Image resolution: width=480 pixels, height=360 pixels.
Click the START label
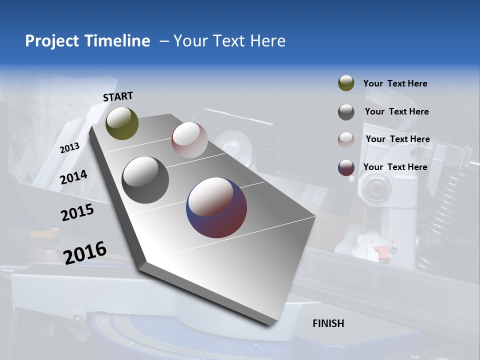pyautogui.click(x=118, y=96)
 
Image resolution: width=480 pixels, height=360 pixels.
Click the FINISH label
pyautogui.click(x=328, y=323)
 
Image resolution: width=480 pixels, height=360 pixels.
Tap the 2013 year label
pyautogui.click(x=69, y=148)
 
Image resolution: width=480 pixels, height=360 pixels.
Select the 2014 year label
pyautogui.click(x=73, y=177)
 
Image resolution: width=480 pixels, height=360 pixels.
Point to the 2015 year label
pyautogui.click(x=77, y=212)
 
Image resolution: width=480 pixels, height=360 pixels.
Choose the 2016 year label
pyautogui.click(x=85, y=252)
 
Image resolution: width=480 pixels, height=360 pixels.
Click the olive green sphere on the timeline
pyautogui.click(x=122, y=123)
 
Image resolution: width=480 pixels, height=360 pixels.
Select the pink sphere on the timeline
pyautogui.click(x=189, y=140)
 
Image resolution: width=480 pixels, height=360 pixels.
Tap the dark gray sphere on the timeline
pyautogui.click(x=145, y=180)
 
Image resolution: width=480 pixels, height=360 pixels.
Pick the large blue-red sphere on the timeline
pyautogui.click(x=216, y=207)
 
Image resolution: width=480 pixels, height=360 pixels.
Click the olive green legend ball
pyautogui.click(x=346, y=83)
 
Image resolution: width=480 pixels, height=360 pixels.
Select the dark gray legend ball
pyautogui.click(x=346, y=112)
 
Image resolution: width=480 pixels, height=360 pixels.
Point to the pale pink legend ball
pyautogui.click(x=346, y=139)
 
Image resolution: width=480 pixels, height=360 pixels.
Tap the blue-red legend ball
pyautogui.click(x=346, y=167)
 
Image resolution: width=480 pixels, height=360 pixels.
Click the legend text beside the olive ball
pyautogui.click(x=395, y=83)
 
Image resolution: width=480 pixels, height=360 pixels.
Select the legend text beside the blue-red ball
pyautogui.click(x=395, y=167)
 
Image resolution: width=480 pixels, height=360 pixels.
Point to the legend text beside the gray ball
pyautogui.click(x=396, y=111)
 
